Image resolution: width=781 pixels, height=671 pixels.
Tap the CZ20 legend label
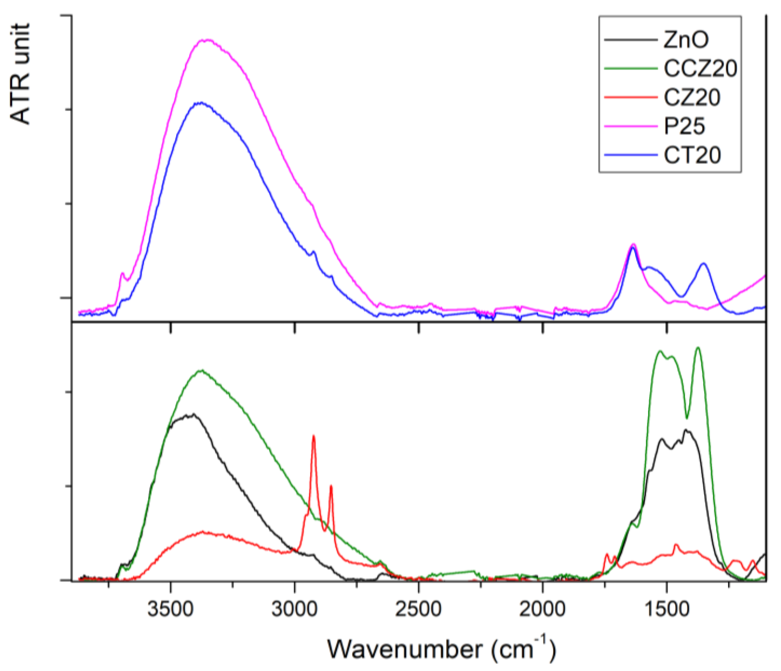point(692,98)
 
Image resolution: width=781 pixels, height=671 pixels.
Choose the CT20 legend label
point(692,155)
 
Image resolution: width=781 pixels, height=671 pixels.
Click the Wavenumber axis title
point(441,649)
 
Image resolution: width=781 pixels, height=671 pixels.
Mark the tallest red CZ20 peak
point(313,436)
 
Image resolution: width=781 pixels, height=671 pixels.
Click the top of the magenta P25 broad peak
point(207,40)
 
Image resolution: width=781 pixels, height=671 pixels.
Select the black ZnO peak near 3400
point(193,414)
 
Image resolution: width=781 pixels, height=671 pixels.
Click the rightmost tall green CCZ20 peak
point(698,348)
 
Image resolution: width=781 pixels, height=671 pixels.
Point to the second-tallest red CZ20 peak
point(331,486)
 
